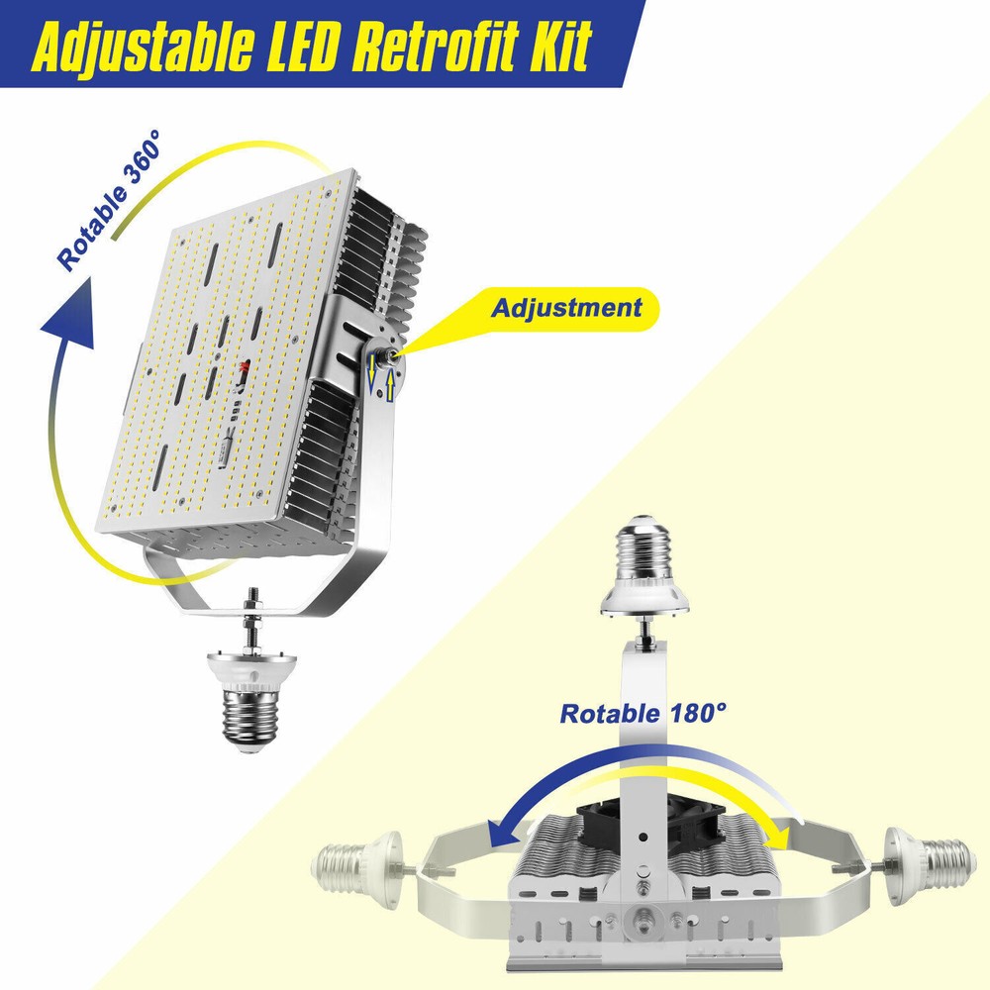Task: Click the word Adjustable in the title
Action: point(143,47)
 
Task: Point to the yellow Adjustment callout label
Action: point(566,308)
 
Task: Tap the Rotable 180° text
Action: point(643,714)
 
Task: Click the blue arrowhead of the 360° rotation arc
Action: point(69,316)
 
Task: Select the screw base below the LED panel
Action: point(251,702)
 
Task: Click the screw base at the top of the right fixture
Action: point(644,566)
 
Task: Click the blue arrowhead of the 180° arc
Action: point(503,832)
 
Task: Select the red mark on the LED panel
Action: point(245,369)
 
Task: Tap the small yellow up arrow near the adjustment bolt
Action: point(390,385)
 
